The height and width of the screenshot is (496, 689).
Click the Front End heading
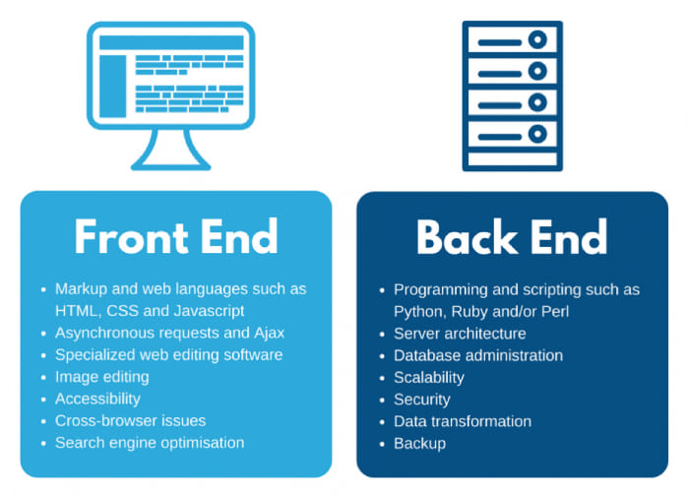point(176,237)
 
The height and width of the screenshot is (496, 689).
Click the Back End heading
point(512,237)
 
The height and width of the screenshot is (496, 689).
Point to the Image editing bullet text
point(102,377)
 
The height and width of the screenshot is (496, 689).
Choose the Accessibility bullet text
point(97,399)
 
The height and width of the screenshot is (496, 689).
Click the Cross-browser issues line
point(117,420)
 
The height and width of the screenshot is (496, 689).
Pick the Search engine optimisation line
point(150,442)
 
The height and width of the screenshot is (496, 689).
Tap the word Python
point(419,311)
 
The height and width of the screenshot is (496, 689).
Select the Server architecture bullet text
point(460,333)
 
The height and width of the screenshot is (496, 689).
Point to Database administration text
point(478,355)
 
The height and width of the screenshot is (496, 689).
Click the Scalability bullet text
point(429,377)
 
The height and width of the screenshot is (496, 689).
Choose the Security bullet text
point(422,399)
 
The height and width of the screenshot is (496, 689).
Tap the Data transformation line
point(463,421)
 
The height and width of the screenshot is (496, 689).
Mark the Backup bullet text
point(420,443)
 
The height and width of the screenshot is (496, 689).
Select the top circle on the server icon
point(536,40)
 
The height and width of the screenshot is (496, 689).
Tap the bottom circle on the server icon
point(536,132)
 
